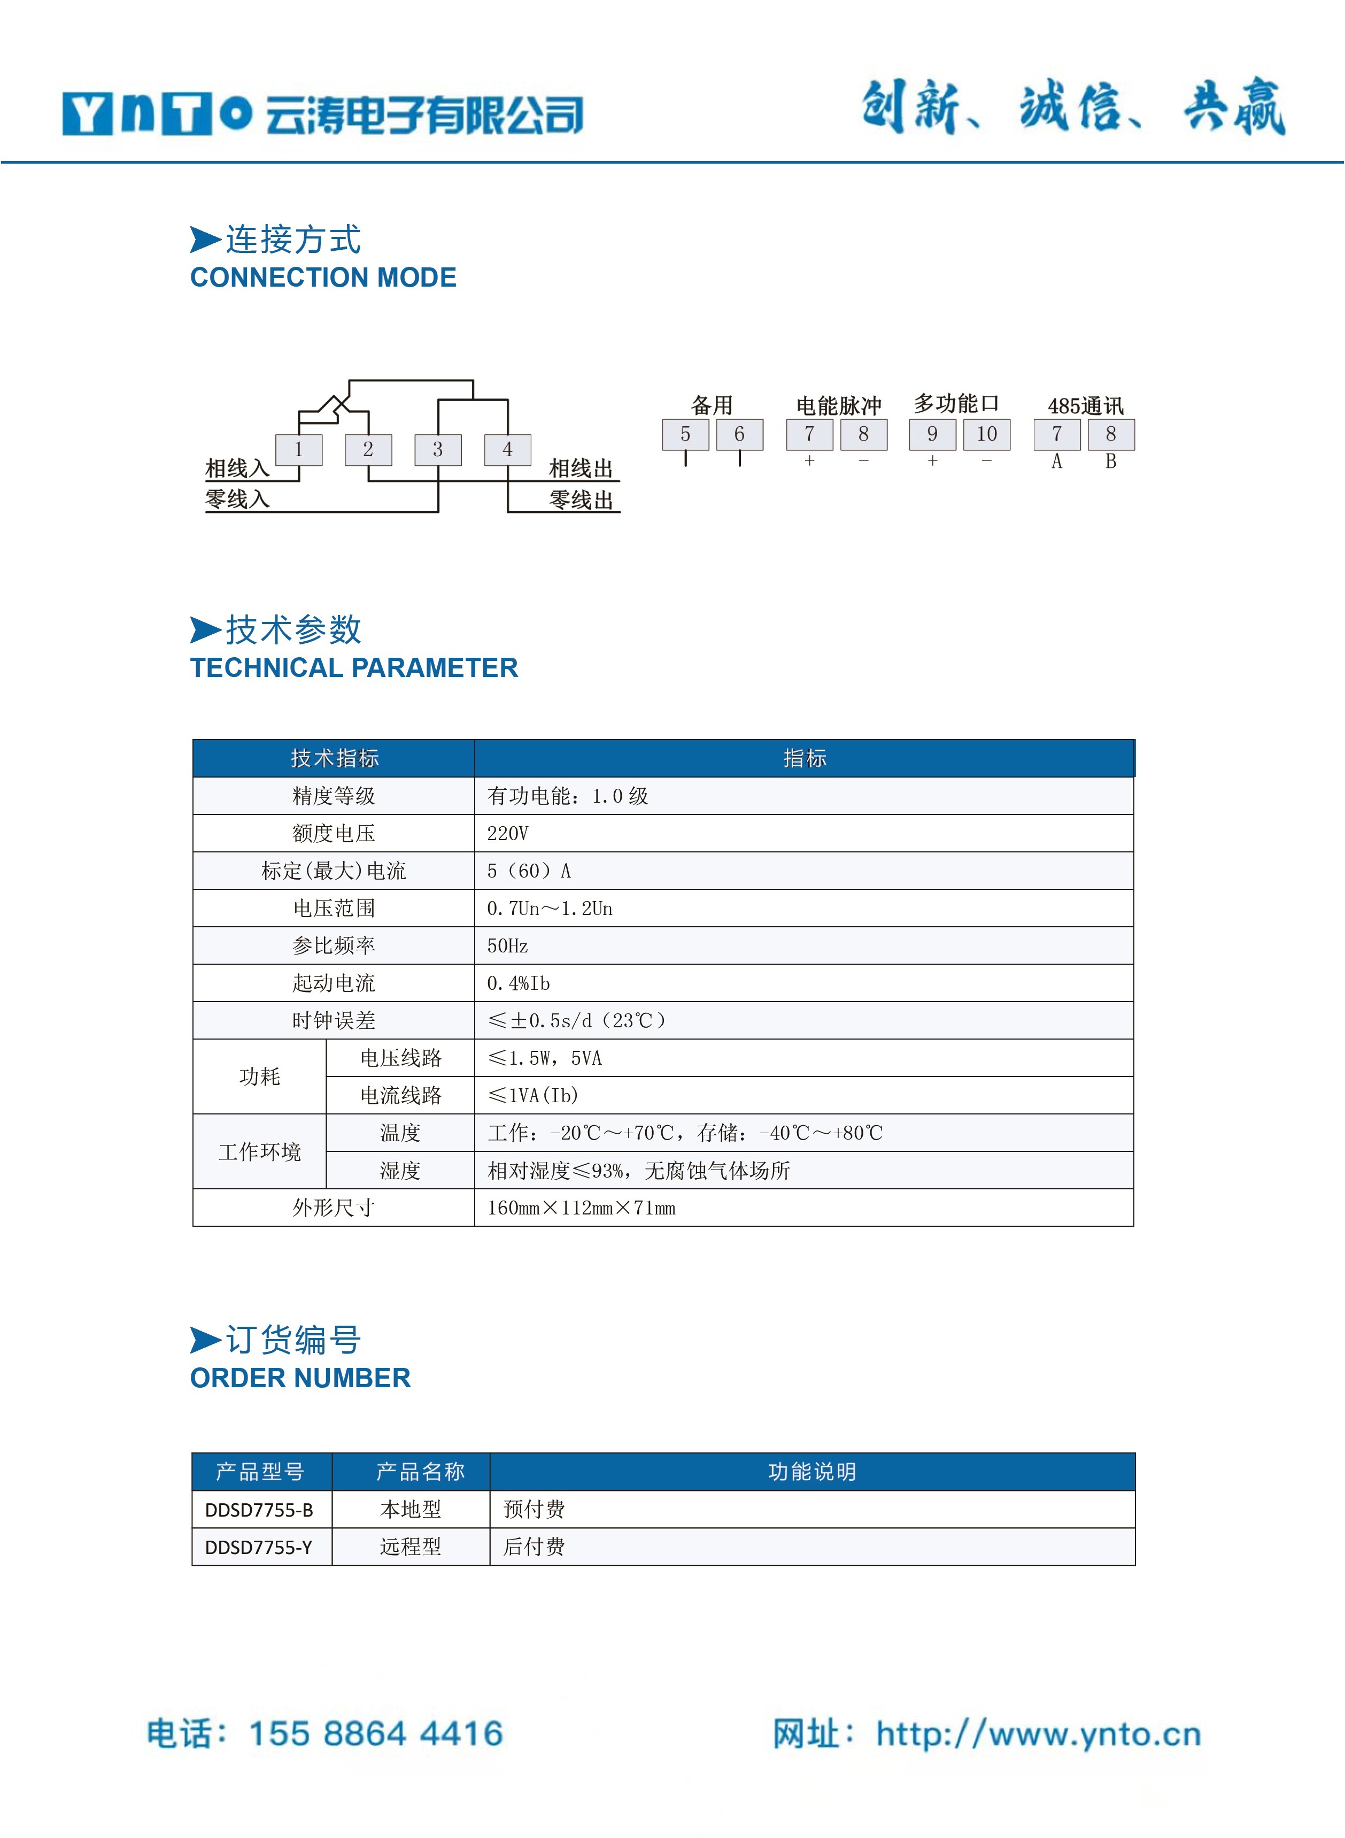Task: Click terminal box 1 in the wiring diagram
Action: click(299, 450)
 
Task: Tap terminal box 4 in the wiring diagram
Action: click(507, 450)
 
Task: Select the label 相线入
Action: click(237, 468)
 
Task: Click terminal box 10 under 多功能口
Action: click(987, 434)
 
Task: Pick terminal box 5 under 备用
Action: click(685, 434)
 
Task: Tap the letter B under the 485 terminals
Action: click(1110, 462)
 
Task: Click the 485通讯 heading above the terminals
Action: click(1085, 405)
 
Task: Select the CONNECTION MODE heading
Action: click(323, 278)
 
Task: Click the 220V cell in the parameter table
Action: click(508, 833)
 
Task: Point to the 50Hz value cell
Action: click(508, 945)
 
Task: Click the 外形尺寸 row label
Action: click(334, 1208)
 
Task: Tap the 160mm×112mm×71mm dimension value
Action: click(581, 1208)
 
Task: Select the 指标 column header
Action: click(805, 758)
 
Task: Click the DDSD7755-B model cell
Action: click(259, 1510)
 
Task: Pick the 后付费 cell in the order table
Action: click(534, 1547)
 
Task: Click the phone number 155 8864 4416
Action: click(376, 1734)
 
